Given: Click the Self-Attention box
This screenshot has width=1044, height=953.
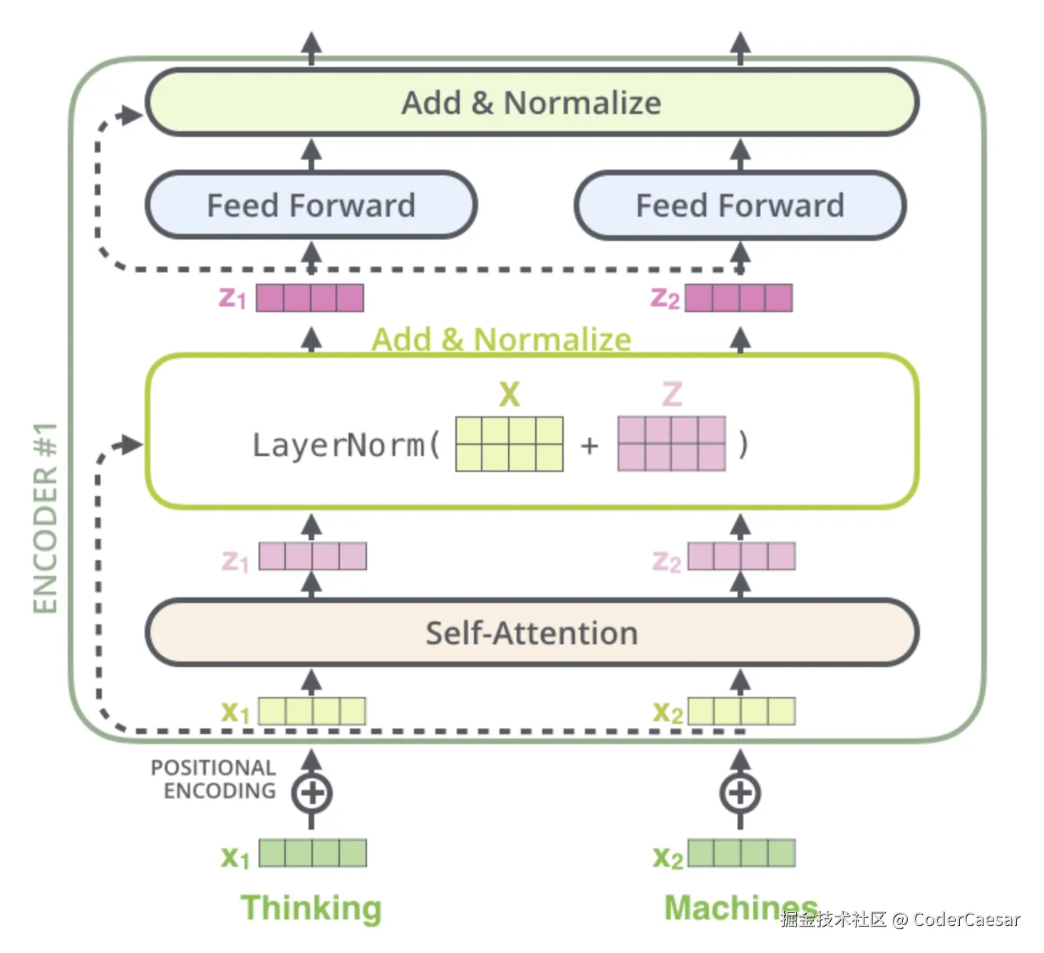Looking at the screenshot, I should coord(532,633).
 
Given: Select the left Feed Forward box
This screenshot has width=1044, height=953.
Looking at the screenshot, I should coord(311,205).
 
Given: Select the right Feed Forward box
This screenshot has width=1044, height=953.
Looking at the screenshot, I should coord(740,205).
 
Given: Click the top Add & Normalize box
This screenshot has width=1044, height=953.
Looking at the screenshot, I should coord(532,103).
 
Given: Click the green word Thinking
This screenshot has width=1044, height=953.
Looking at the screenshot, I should coord(311,908).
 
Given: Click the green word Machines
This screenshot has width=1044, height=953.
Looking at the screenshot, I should coord(740,908).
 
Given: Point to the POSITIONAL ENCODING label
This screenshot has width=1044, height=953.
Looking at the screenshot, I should coord(214,779).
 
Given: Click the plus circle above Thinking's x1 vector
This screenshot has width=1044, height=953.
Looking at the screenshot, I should coord(311,793).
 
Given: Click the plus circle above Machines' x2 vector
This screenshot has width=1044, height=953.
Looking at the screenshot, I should coord(740,793).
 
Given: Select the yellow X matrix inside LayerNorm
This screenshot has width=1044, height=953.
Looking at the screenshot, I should coord(510,444).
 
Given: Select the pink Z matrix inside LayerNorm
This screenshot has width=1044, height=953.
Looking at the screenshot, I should coord(671,444).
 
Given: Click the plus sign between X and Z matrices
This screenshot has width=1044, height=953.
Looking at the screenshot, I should coord(589,445).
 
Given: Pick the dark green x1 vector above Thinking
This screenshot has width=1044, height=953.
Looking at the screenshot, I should coord(312,853).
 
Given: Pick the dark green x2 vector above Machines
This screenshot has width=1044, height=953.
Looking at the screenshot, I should coord(741,853).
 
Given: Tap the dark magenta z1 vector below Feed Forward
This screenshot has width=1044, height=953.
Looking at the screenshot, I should coord(310,298).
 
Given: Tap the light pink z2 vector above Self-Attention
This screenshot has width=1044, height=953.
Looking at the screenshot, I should coord(741,556).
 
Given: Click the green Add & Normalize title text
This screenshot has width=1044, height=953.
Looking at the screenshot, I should coord(501,339).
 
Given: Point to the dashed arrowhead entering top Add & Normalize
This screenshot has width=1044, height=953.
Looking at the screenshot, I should coord(131,115).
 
